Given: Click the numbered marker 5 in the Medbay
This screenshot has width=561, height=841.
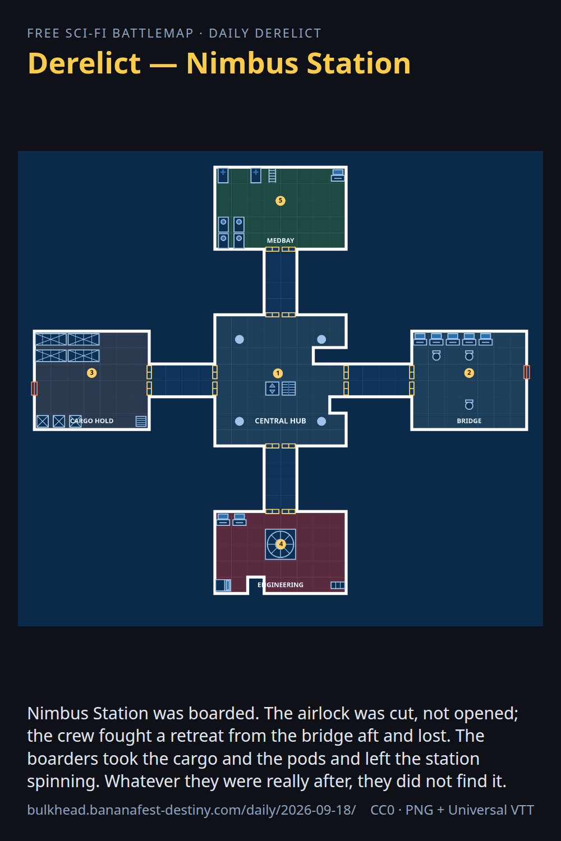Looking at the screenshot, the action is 280,201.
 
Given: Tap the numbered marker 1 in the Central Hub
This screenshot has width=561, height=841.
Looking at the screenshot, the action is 278,373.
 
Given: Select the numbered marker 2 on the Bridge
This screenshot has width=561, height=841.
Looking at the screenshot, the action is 469,373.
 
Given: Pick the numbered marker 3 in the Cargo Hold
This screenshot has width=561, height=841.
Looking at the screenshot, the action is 91,373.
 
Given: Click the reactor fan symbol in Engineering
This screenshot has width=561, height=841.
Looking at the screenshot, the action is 280,544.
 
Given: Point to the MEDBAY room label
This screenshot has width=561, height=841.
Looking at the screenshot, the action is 280,241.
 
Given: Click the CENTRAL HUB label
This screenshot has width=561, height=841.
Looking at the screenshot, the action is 280,421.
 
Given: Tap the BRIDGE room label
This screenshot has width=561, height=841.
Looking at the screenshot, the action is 469,421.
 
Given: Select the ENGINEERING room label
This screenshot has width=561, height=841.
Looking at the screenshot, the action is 280,585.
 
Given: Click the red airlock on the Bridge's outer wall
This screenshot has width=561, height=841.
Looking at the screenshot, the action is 527,372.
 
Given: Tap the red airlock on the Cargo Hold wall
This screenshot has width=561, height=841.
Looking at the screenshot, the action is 34,389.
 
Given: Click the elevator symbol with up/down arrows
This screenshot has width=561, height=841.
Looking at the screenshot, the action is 272,389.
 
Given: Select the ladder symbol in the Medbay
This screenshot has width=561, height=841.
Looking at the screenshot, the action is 273,175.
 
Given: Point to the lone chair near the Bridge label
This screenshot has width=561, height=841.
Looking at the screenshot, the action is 469,404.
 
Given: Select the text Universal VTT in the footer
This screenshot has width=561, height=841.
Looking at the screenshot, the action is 491,810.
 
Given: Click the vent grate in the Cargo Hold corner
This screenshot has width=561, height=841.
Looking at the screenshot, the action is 141,421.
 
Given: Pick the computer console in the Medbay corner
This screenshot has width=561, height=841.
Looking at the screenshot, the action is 337,175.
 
